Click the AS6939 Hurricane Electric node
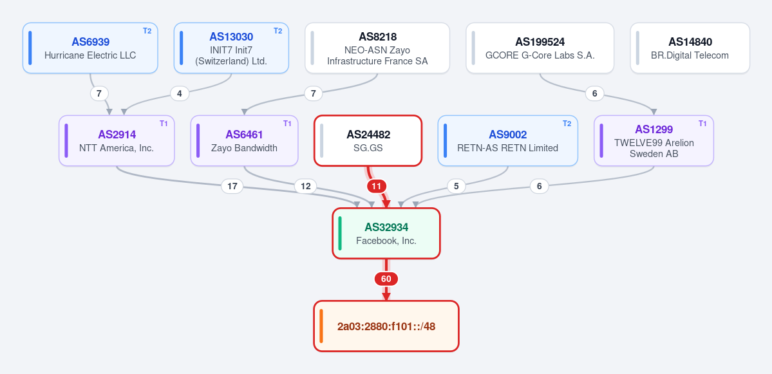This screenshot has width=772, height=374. [x=90, y=48]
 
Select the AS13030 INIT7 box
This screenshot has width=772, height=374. [x=231, y=48]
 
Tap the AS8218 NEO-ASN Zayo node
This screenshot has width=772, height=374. [x=377, y=48]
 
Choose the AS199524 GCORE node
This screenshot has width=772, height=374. [x=540, y=48]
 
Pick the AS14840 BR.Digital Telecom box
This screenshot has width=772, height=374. [x=690, y=48]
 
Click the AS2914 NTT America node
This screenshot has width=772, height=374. [x=117, y=141]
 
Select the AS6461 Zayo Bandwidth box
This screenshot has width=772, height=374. [x=244, y=141]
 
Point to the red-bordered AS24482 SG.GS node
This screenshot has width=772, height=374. [x=368, y=141]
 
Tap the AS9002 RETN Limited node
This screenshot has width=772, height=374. [x=507, y=141]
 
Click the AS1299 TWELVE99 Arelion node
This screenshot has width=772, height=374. [x=654, y=141]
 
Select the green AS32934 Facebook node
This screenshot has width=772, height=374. [x=386, y=233]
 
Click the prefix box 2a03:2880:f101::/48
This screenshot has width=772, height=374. [x=386, y=326]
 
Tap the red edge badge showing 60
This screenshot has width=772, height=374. [x=386, y=279]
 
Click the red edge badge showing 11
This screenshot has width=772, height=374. [x=377, y=187]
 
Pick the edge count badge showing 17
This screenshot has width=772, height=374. [x=232, y=187]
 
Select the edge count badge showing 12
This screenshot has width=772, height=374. [x=306, y=187]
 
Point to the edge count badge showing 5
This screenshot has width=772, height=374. [x=457, y=187]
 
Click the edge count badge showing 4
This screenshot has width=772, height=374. [x=180, y=93]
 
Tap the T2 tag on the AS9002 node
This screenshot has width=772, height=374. [x=567, y=124]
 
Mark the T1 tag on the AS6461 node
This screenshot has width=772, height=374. [x=287, y=124]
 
